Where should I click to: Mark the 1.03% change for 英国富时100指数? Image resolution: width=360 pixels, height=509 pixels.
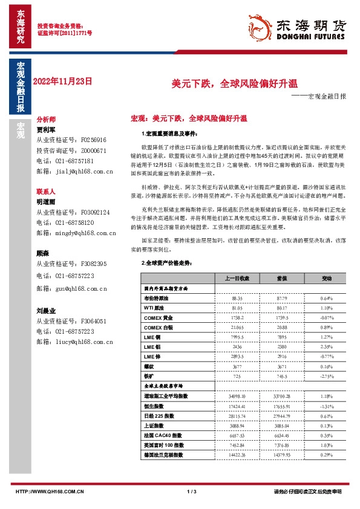click(x=326, y=444)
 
